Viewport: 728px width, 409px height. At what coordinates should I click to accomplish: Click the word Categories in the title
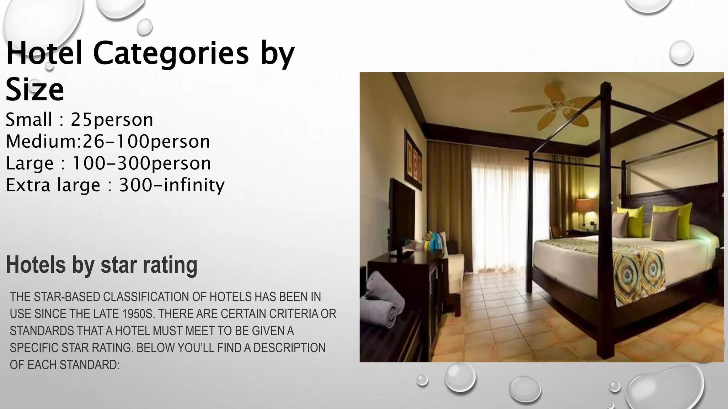(x=171, y=54)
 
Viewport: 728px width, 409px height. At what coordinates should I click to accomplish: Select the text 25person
(x=112, y=120)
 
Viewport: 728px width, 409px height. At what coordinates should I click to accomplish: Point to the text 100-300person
(x=141, y=163)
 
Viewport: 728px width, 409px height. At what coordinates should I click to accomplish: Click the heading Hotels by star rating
(x=102, y=265)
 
